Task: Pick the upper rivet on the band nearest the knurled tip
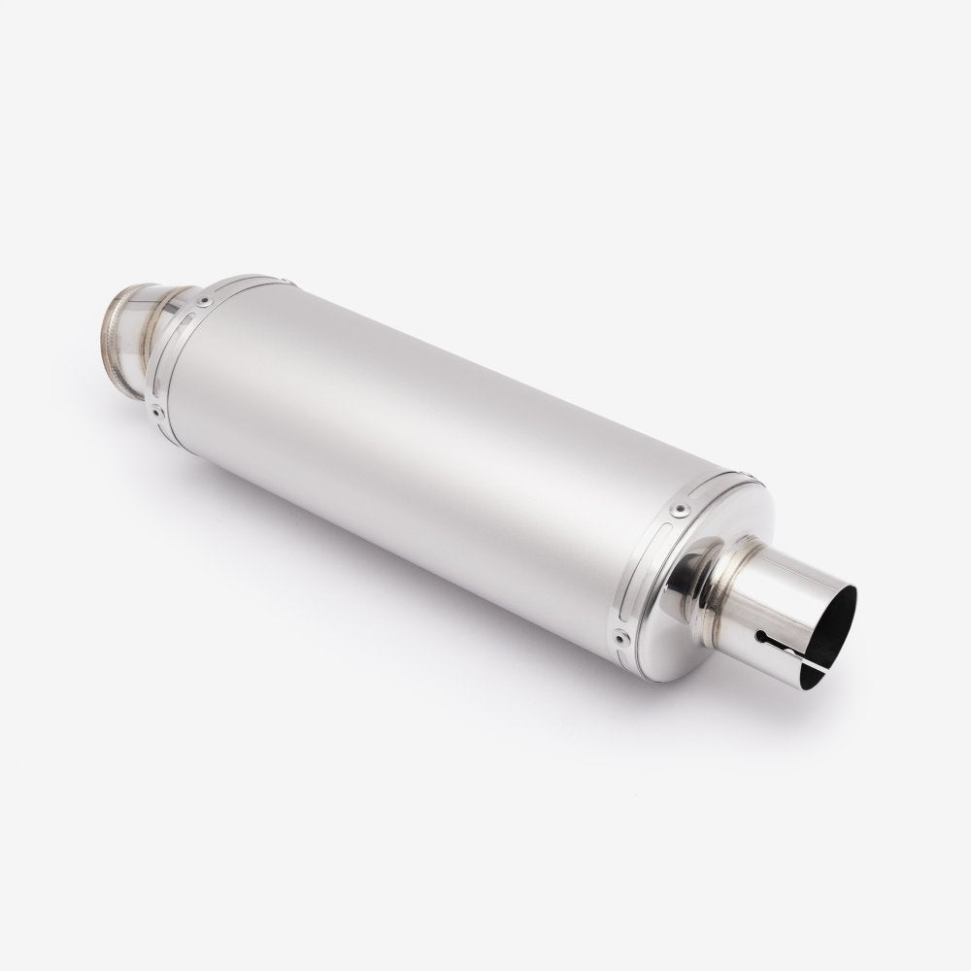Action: click(203, 302)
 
